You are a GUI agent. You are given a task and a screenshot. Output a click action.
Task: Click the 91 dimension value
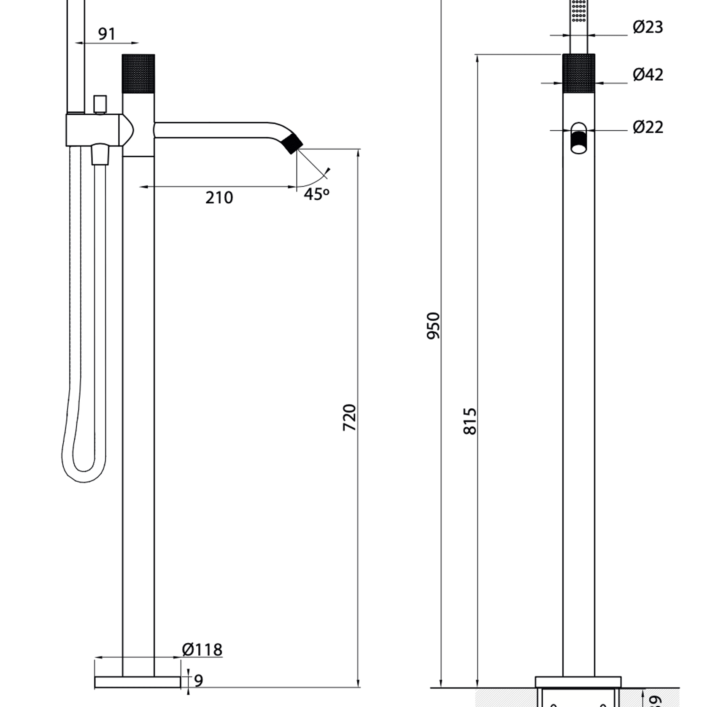106,34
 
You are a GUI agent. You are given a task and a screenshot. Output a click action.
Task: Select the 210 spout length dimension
219,197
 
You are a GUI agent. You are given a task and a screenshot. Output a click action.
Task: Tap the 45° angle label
316,194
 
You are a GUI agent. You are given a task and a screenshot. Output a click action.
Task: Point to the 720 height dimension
350,417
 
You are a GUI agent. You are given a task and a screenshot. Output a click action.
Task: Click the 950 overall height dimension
433,326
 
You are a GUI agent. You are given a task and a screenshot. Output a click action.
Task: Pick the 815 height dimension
470,421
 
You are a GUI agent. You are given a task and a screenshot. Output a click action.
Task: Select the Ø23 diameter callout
648,27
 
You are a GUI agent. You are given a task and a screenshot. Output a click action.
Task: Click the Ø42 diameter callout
648,75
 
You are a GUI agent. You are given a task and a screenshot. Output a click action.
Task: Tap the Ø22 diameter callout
648,127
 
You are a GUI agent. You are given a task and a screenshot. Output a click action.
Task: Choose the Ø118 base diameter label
202,649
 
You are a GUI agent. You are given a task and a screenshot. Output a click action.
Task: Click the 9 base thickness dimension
198,680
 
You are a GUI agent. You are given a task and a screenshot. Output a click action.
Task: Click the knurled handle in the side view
138,73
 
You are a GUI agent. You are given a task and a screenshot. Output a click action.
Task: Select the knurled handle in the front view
578,73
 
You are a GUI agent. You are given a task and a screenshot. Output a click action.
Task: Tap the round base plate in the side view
138,682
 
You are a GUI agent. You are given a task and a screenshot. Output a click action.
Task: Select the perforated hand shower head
578,11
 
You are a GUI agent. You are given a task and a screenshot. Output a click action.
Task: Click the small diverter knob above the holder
100,104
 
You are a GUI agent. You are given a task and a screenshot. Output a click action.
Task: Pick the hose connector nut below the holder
100,154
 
